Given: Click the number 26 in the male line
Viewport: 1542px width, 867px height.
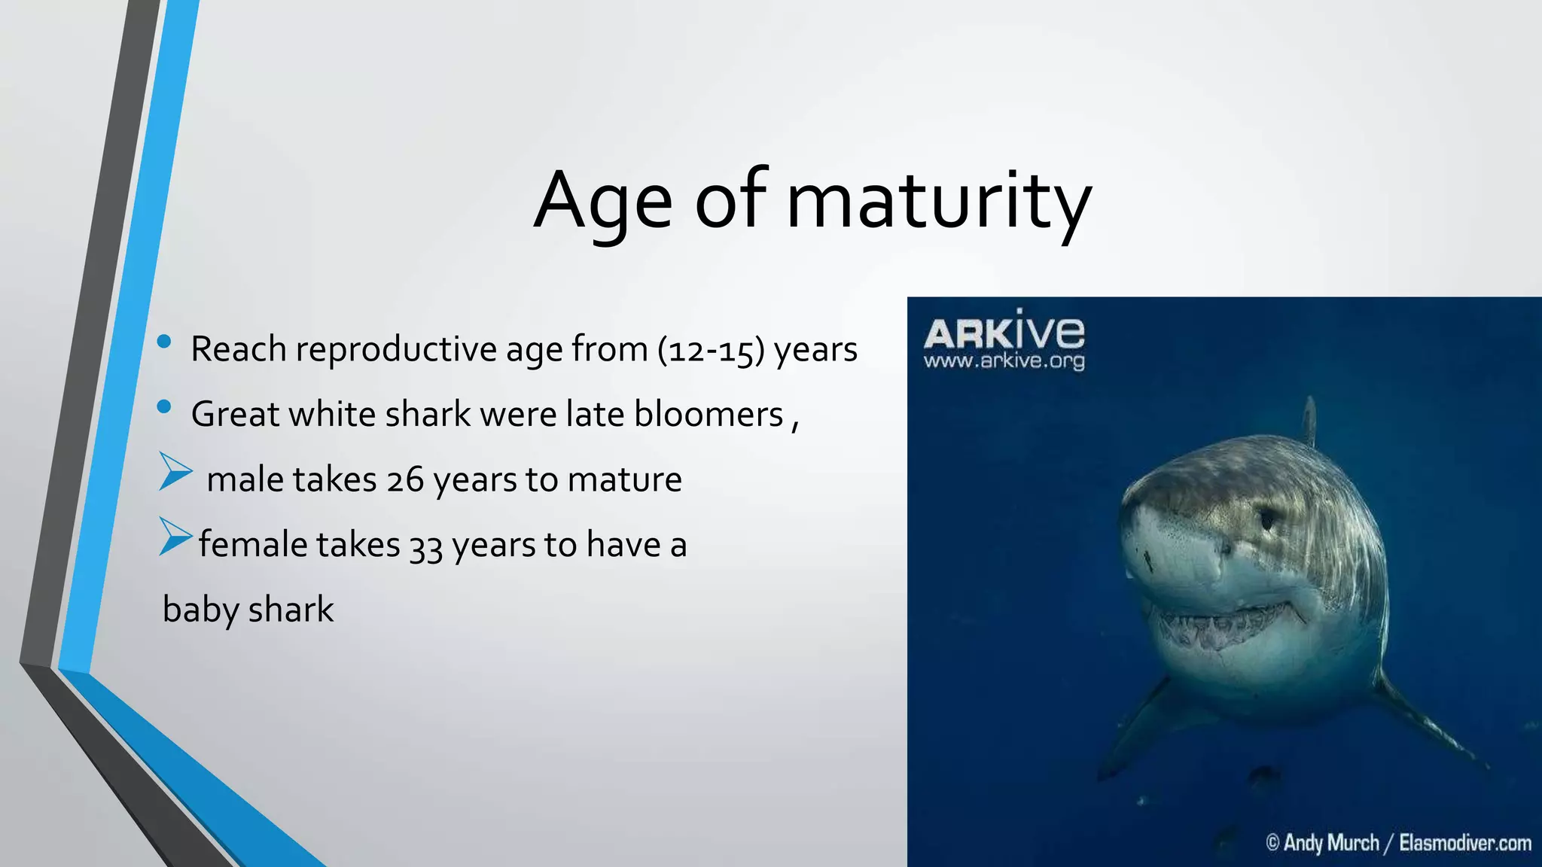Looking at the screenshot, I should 405,480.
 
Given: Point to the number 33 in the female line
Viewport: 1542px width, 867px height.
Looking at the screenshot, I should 425,546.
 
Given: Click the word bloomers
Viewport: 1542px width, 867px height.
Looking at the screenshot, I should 709,415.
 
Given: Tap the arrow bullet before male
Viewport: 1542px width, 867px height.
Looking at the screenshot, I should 175,472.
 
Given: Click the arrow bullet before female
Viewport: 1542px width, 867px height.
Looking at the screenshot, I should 175,537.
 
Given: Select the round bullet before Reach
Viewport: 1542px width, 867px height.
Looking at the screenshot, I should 164,342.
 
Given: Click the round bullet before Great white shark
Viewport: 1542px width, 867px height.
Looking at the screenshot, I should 164,407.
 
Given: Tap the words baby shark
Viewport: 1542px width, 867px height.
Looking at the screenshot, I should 248,610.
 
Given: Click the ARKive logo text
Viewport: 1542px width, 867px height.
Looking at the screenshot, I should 1004,332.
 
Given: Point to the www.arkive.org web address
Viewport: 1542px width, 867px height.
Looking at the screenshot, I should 1004,361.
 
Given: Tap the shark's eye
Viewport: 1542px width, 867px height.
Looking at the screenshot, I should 1268,519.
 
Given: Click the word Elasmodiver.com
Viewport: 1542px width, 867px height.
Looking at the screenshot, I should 1464,842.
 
